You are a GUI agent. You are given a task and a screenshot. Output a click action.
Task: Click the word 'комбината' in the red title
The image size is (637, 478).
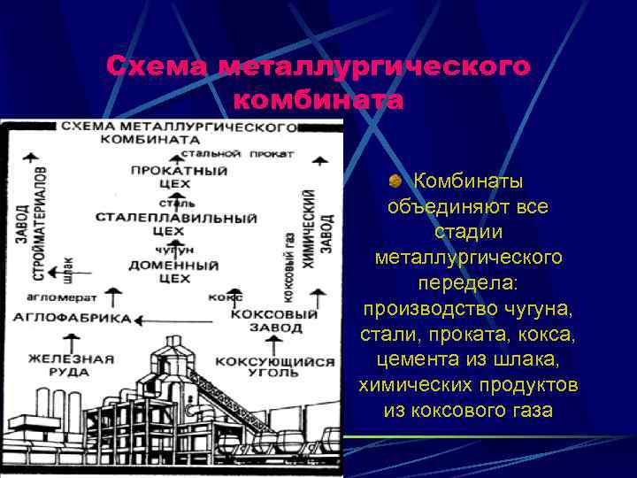point(318,100)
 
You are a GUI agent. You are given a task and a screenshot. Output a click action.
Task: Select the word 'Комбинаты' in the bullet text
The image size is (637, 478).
point(469,182)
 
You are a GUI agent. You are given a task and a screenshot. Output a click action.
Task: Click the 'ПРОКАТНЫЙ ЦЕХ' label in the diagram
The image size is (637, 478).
point(178,176)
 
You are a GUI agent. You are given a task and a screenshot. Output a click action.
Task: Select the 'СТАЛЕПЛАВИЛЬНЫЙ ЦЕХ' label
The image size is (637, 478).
point(175,224)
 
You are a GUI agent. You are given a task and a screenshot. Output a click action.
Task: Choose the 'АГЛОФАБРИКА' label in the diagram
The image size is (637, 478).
point(72,318)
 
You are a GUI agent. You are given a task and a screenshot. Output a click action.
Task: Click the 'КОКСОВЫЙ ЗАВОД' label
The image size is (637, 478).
point(273,320)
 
